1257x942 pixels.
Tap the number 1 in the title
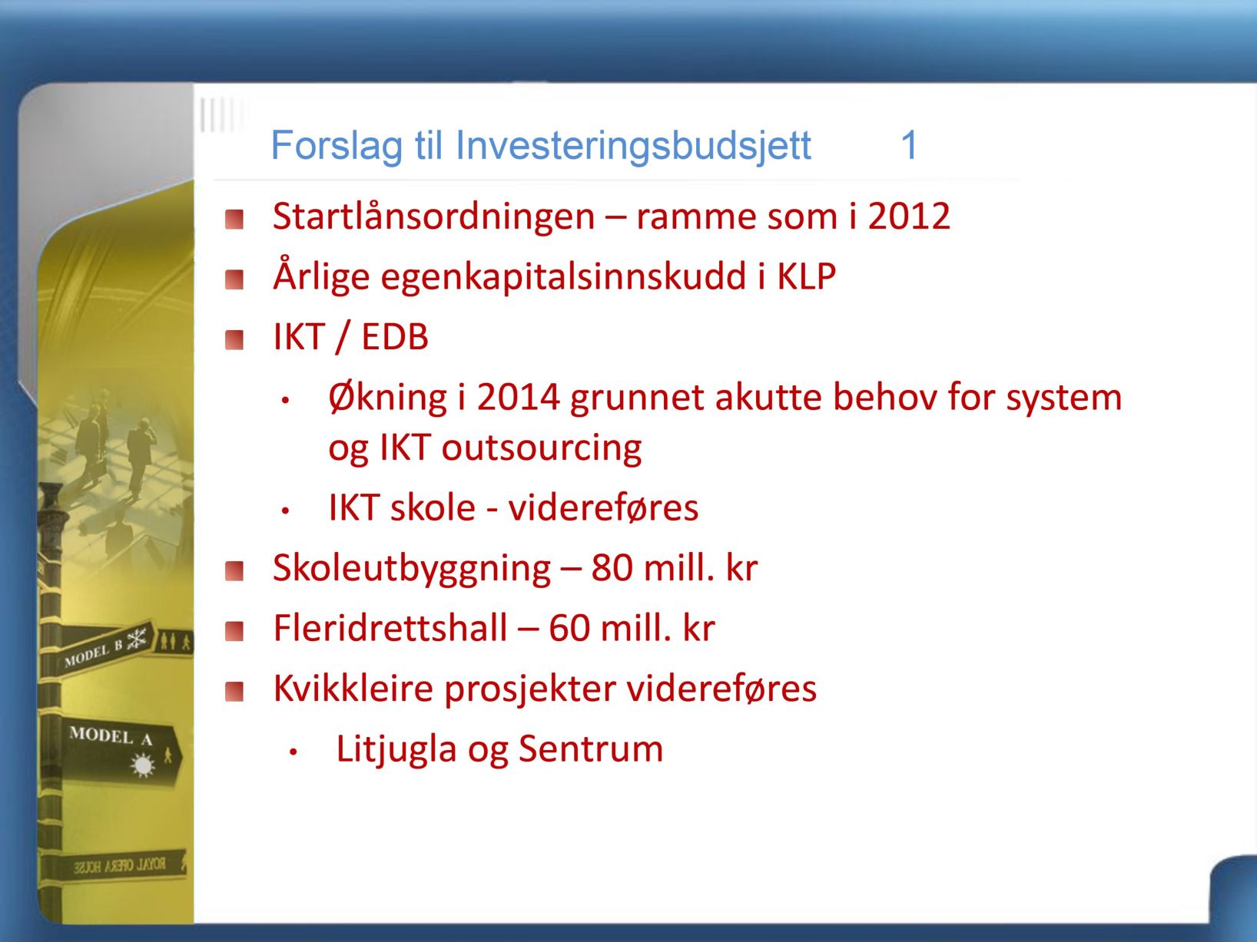pos(910,144)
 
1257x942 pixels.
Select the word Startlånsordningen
pos(433,217)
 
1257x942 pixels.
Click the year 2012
pos(909,216)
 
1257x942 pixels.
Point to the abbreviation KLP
pos(806,277)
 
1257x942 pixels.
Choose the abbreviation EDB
pos(395,337)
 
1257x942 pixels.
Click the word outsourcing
pos(542,448)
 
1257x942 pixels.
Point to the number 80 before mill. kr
pos(612,568)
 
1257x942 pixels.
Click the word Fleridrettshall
pos(390,628)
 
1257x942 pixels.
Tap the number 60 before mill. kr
pos(570,629)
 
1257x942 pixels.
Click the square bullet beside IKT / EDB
pos(234,340)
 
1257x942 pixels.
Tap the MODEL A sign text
pos(111,736)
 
